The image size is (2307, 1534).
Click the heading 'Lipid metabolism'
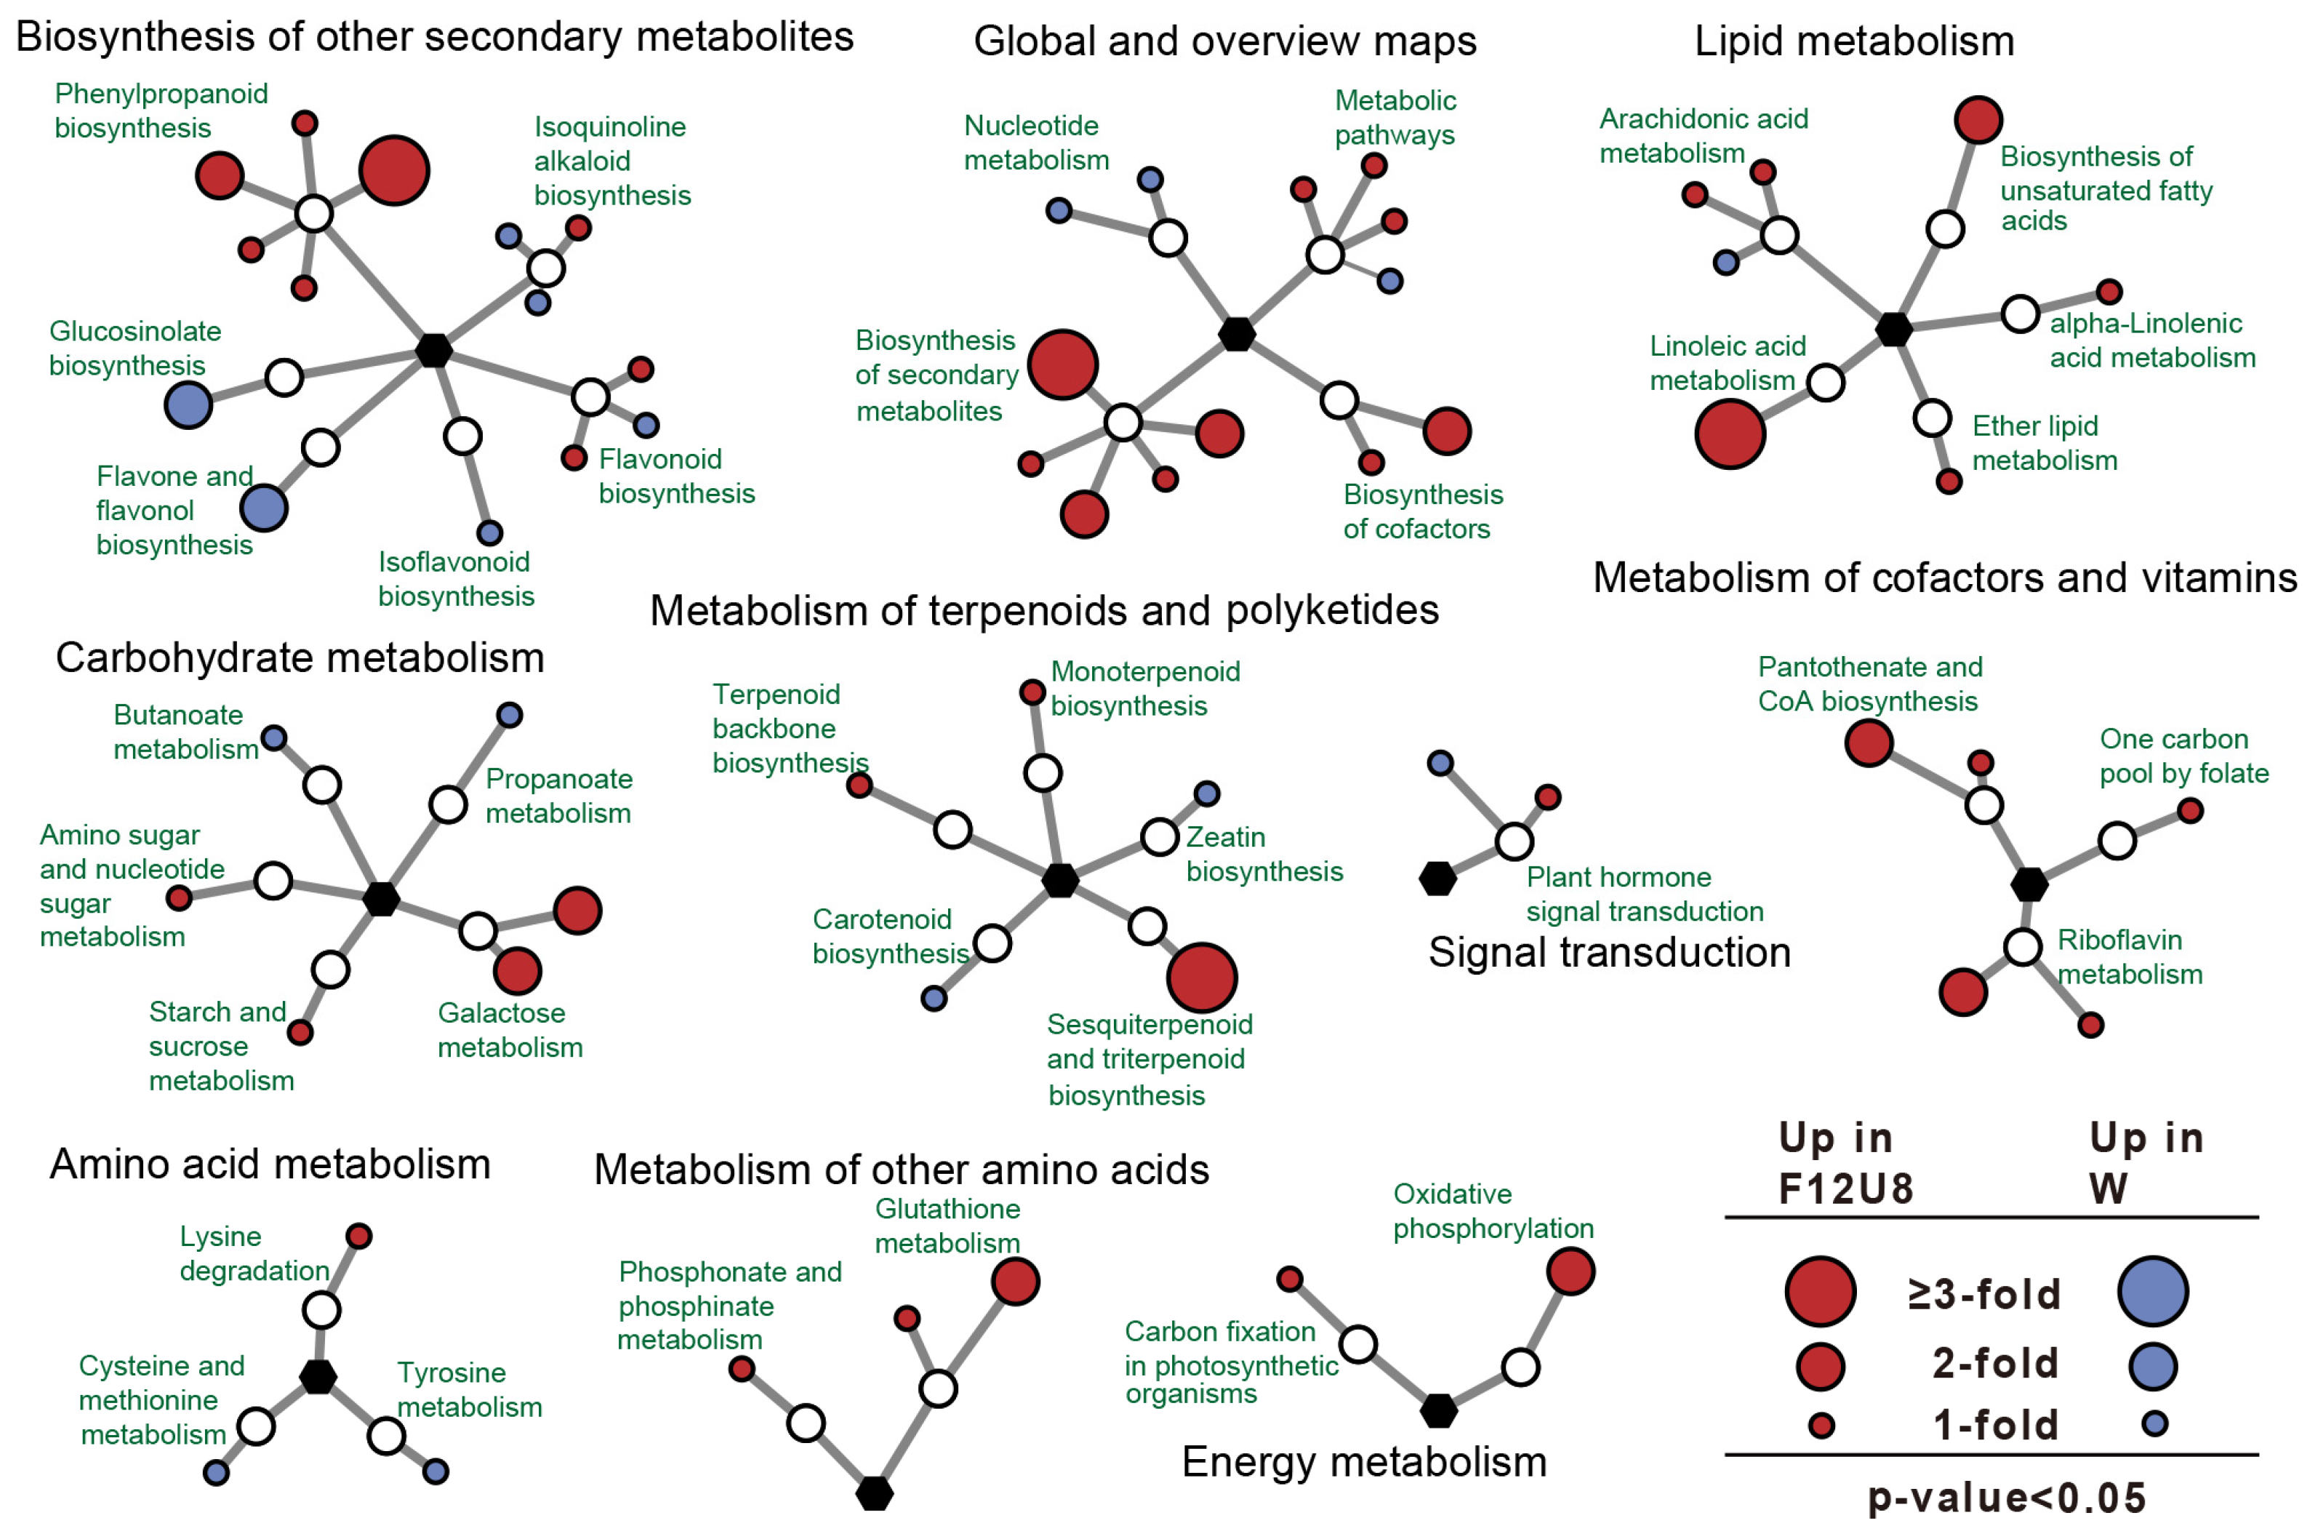1853,41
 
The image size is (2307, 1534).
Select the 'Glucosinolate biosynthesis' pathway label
135,348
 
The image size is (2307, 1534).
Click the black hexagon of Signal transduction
1437,879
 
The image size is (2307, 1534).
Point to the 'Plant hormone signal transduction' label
1644,894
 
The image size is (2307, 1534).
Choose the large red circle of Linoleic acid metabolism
1729,434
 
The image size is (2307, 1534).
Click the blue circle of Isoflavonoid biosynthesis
489,532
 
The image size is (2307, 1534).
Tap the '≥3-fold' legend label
1983,1293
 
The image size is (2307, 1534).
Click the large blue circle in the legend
2152,1291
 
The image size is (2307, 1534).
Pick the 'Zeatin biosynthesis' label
1264,854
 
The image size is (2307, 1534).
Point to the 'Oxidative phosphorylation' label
1493,1211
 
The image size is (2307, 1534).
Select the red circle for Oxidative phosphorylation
1570,1271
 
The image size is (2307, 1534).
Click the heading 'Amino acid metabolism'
270,1165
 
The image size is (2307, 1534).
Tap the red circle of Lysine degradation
359,1237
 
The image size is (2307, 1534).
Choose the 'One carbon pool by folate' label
2183,756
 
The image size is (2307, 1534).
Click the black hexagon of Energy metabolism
1437,1411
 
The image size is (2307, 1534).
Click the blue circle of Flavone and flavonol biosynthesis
263,508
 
